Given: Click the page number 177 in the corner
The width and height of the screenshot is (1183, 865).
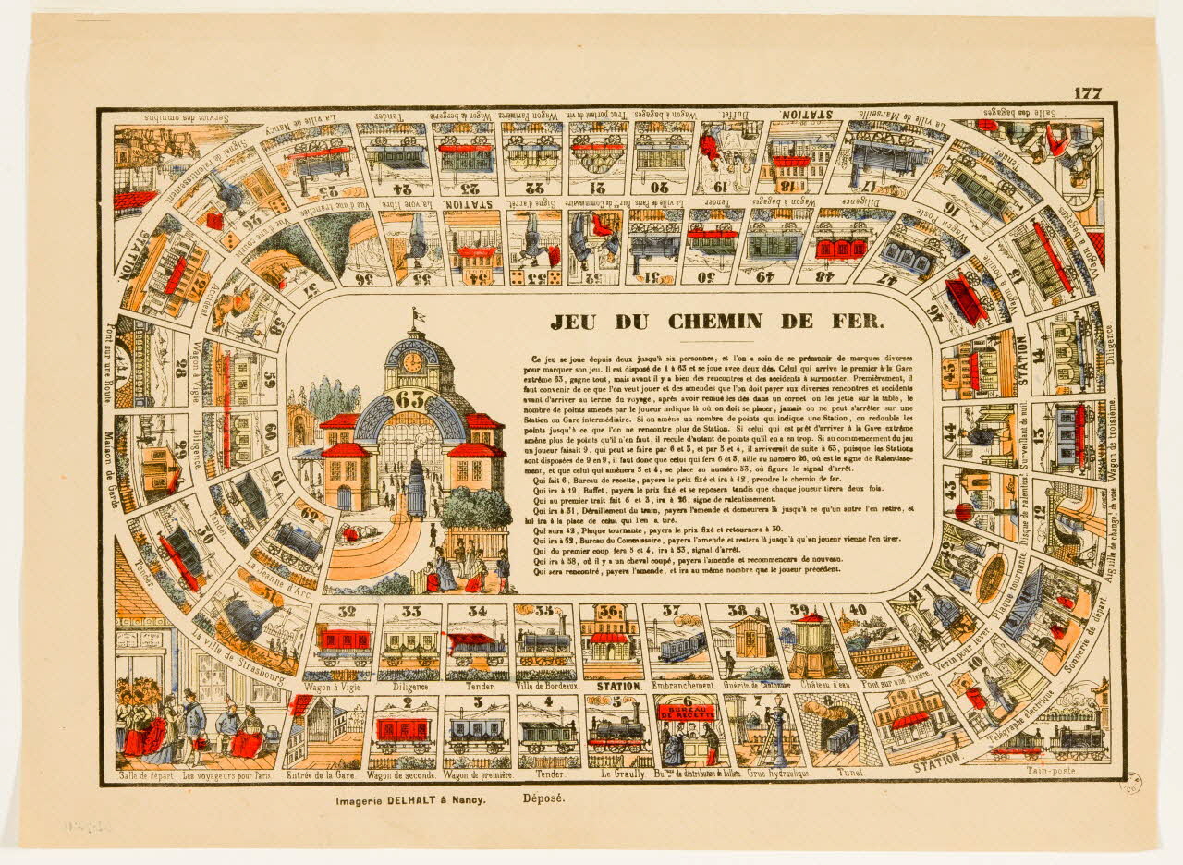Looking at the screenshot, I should point(1088,93).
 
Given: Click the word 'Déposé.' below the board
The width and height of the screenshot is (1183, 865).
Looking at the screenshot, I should point(543,800).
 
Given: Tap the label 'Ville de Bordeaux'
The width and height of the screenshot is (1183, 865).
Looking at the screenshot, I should point(547,687).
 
